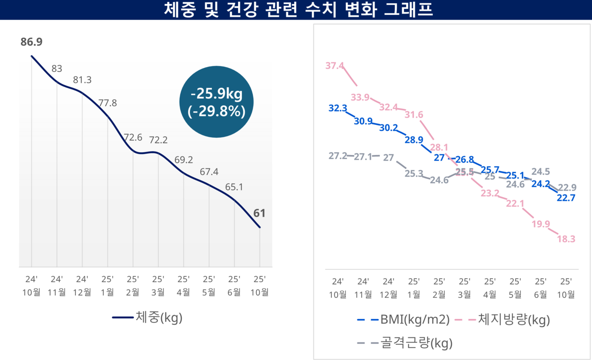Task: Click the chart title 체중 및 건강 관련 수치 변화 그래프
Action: point(296,10)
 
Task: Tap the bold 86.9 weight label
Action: point(31,42)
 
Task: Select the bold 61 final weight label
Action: point(259,213)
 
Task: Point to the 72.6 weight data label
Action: point(133,137)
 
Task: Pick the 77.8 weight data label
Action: point(107,103)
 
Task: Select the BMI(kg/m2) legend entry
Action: point(403,319)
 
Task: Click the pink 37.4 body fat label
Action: point(334,66)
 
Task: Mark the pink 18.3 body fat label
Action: point(567,239)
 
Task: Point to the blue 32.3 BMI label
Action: point(338,108)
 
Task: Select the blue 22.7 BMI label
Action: point(567,198)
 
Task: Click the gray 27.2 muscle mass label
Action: point(338,156)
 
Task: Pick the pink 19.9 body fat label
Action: point(541,224)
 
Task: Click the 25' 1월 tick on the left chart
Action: point(107,286)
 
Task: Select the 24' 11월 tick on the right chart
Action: point(363,288)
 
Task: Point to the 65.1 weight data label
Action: point(234,187)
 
